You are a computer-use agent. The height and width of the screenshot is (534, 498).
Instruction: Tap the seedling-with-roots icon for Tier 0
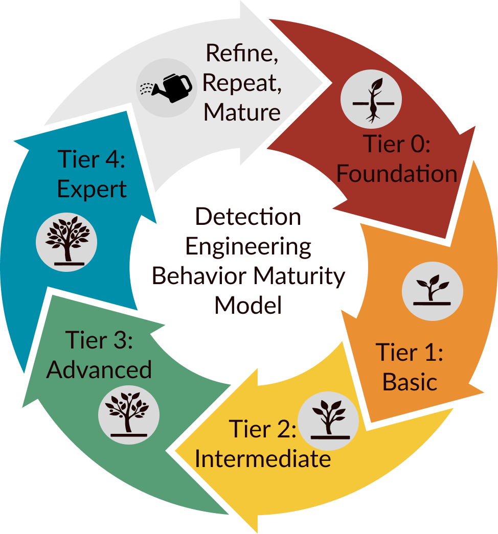[x=371, y=100]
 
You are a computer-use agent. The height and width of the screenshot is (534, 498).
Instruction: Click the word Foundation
[x=396, y=174]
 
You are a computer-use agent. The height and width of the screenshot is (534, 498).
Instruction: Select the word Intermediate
[x=263, y=458]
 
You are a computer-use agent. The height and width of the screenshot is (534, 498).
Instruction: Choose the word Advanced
[x=99, y=369]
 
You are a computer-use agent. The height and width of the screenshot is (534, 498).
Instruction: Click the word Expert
[x=92, y=189]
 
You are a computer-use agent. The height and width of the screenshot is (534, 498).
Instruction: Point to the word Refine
[x=242, y=53]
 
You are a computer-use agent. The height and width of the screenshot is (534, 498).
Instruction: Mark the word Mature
[x=242, y=111]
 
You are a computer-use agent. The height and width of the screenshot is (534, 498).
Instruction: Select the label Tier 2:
[x=262, y=429]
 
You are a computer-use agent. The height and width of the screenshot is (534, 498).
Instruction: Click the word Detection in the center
[x=248, y=217]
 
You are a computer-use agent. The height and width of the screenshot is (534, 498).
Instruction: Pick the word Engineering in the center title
[x=248, y=246]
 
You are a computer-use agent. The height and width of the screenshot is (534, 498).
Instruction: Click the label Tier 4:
[x=92, y=159]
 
